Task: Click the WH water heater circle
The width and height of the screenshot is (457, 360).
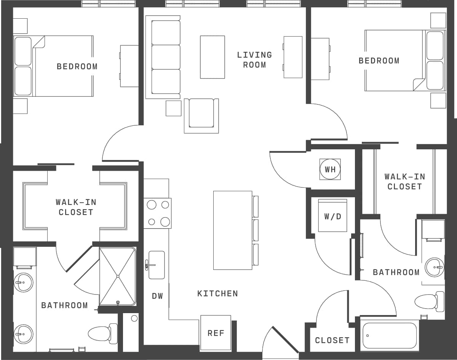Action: pyautogui.click(x=330, y=169)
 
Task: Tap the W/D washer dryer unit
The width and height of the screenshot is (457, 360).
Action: pyautogui.click(x=332, y=216)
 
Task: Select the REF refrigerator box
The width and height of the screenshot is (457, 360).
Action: pyautogui.click(x=216, y=333)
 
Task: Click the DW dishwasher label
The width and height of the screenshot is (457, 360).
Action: pyautogui.click(x=157, y=296)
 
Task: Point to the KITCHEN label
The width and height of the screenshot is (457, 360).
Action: pyautogui.click(x=217, y=293)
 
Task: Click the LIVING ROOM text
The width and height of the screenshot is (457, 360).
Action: pyautogui.click(x=254, y=60)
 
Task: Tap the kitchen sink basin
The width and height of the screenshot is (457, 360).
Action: pyautogui.click(x=157, y=265)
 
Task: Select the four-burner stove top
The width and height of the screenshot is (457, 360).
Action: pyautogui.click(x=158, y=213)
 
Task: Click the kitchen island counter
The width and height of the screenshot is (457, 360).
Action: pyautogui.click(x=232, y=230)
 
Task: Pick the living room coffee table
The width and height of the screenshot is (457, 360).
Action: pyautogui.click(x=213, y=57)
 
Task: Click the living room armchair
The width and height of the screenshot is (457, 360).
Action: pyautogui.click(x=201, y=115)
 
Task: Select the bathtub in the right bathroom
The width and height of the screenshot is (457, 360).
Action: pyautogui.click(x=390, y=336)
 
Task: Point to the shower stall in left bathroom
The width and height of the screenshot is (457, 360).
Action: pyautogui.click(x=118, y=276)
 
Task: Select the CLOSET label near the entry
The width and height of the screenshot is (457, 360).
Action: pyautogui.click(x=332, y=340)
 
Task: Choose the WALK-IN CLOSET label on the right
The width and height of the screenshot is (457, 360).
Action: pyautogui.click(x=404, y=181)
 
